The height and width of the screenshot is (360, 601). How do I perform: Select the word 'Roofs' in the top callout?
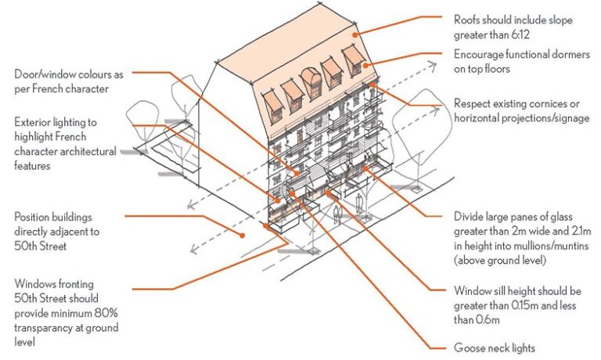[x=470, y=20]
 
